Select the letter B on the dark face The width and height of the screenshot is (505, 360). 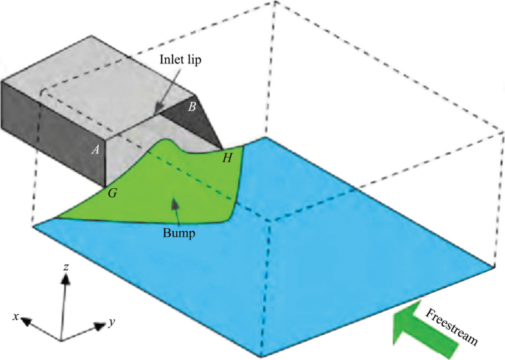(192, 106)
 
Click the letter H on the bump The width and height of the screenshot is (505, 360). (227, 156)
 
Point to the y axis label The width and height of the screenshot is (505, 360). (112, 322)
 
